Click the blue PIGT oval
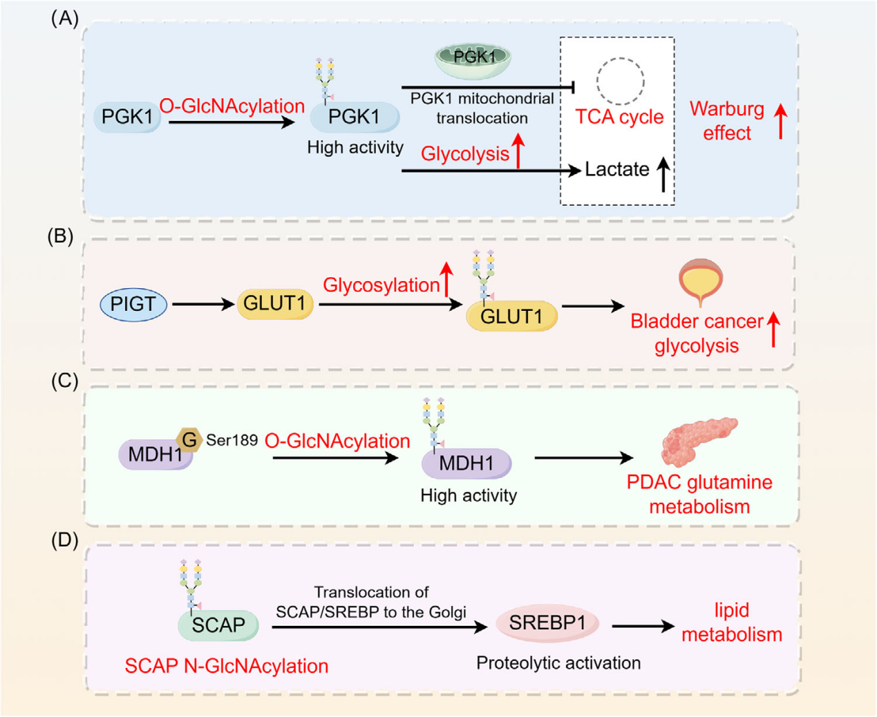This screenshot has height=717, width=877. (133, 305)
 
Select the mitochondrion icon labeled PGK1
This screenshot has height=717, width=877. (473, 59)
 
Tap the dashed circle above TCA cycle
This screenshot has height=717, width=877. (620, 82)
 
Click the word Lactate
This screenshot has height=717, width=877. (616, 170)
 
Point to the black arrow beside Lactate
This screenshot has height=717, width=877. (663, 174)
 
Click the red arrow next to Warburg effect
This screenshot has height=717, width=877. (780, 121)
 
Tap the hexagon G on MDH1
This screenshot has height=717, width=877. (189, 439)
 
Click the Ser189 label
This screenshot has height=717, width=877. (232, 441)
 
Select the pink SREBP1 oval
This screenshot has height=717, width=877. (547, 623)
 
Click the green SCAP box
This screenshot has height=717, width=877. (218, 625)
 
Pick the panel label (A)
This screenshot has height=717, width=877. (65, 19)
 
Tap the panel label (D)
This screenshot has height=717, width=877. (65, 539)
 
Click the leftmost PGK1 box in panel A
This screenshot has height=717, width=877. (127, 117)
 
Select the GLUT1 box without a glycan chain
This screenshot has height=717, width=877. (274, 304)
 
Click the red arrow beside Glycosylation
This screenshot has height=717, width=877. (446, 279)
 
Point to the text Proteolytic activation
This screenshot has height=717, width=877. (558, 663)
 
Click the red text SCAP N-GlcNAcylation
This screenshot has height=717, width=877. (226, 667)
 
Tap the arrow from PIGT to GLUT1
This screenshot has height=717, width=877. (203, 304)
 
